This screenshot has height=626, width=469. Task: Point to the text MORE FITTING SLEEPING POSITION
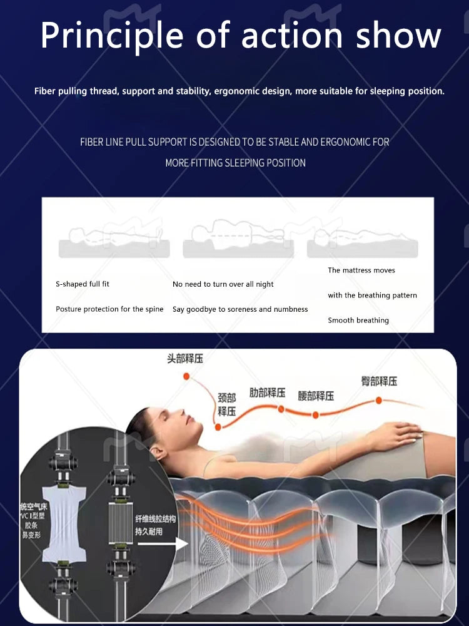click(235, 163)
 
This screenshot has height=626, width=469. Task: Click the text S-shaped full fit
click(83, 284)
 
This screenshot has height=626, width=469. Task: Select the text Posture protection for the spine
click(109, 309)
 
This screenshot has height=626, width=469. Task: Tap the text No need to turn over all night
click(223, 284)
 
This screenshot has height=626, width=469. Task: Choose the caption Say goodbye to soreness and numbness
click(240, 309)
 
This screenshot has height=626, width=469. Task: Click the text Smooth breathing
click(358, 321)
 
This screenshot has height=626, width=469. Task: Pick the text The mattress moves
click(361, 270)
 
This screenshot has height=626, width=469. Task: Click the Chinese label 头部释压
click(184, 359)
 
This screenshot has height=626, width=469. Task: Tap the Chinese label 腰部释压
click(316, 396)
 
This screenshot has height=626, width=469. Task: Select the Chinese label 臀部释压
click(379, 381)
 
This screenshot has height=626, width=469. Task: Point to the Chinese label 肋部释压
click(267, 393)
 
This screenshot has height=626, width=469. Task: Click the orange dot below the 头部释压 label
click(186, 376)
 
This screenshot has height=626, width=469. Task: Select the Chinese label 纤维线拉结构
click(156, 519)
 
